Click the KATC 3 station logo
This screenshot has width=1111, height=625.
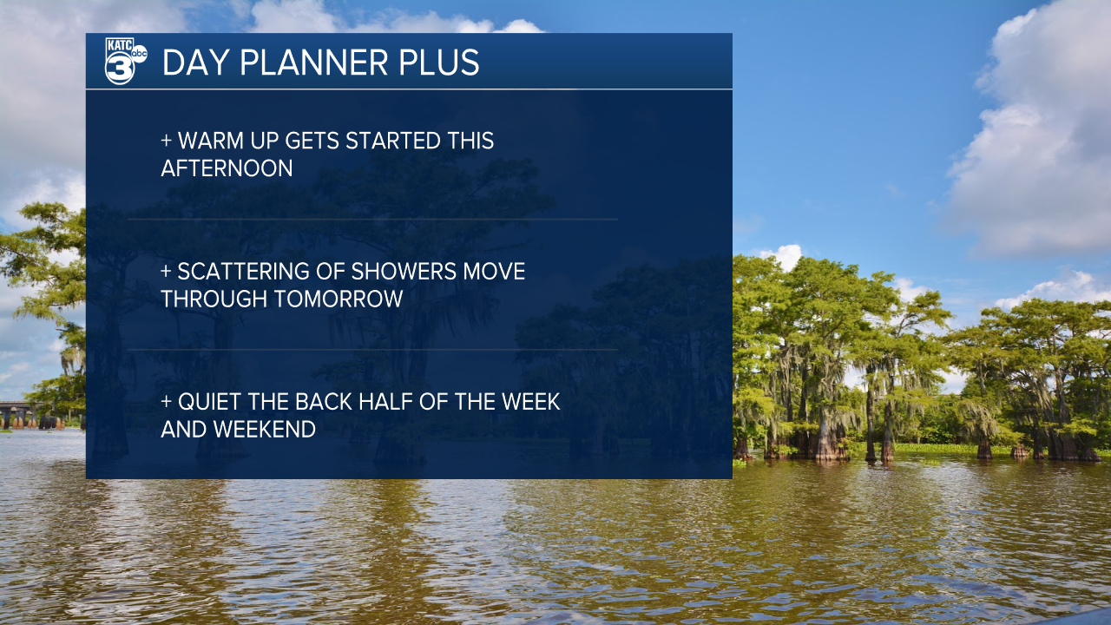[126, 61]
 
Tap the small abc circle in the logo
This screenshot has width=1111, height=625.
[140, 54]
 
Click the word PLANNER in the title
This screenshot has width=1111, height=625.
[313, 62]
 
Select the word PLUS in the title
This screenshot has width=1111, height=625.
[439, 62]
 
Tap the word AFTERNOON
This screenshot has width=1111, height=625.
[227, 168]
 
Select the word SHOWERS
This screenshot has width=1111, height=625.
[404, 272]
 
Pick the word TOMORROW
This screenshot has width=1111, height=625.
[339, 299]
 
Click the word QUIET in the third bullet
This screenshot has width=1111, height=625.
[210, 402]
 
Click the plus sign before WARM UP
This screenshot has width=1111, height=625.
[166, 141]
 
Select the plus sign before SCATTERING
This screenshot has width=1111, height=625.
[166, 272]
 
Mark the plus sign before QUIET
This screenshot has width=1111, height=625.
[166, 402]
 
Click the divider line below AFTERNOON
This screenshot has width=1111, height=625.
[373, 219]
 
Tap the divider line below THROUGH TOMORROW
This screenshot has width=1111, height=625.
[373, 350]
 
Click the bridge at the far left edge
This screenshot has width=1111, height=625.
[30, 415]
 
